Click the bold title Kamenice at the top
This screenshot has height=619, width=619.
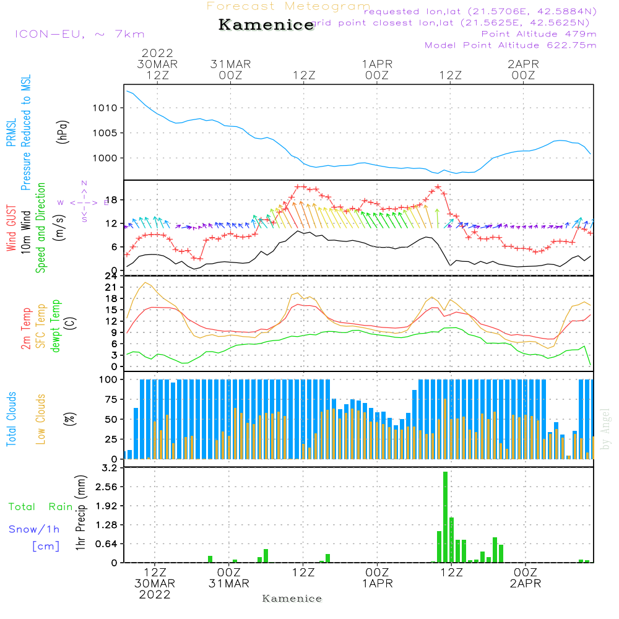point(266,25)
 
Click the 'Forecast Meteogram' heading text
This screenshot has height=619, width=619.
point(288,6)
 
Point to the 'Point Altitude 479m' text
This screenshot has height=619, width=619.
point(539,34)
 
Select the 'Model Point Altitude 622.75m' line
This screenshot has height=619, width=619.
point(511,45)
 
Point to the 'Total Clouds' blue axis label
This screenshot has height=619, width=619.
point(11,420)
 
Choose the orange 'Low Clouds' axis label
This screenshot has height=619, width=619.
point(41,420)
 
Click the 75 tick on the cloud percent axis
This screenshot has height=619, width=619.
point(110,400)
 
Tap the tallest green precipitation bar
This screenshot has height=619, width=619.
point(445,517)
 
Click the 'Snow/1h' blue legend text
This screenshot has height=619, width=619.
point(35,529)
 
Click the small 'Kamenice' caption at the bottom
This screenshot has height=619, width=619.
point(292,599)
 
